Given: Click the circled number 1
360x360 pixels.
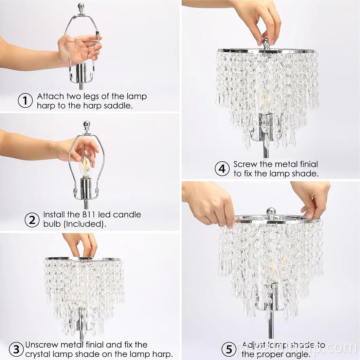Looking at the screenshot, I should (x=25, y=101).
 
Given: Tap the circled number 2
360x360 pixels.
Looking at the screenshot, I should (x=32, y=220).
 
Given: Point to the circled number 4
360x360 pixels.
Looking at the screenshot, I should (x=222, y=169).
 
